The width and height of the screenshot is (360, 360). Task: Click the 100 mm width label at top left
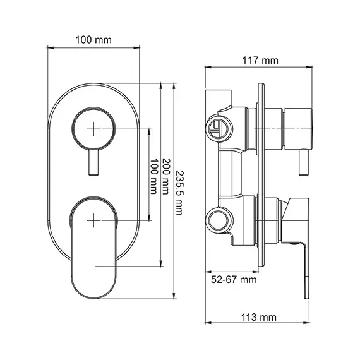93,39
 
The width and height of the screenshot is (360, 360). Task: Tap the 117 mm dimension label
260,61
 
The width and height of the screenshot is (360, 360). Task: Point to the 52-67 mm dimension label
234,279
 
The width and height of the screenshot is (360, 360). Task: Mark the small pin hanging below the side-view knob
302,163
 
